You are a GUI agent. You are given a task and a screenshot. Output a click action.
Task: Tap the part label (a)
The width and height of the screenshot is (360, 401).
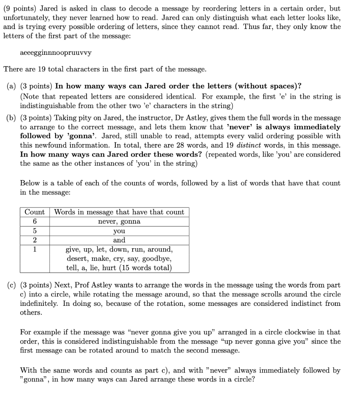coord(12,86)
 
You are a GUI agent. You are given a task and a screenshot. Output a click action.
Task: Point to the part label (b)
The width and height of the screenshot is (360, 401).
coord(12,118)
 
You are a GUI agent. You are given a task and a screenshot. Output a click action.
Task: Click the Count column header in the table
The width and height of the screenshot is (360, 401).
coord(34,212)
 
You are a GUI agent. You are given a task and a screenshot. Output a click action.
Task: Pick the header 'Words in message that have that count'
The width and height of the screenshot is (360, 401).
coord(119,212)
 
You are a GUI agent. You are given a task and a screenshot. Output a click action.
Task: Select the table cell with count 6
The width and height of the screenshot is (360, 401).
coord(34,221)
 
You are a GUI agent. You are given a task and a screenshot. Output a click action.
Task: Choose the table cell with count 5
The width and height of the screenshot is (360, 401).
coord(34,231)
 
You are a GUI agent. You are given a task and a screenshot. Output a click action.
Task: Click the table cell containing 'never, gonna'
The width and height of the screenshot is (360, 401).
coord(119,221)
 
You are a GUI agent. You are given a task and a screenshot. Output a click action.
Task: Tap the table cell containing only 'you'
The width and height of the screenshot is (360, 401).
coord(119,231)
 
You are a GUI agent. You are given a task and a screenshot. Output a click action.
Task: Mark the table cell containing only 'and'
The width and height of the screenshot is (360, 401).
coord(119,240)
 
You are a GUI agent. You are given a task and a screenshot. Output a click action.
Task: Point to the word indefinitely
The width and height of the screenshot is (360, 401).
coord(38,303)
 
